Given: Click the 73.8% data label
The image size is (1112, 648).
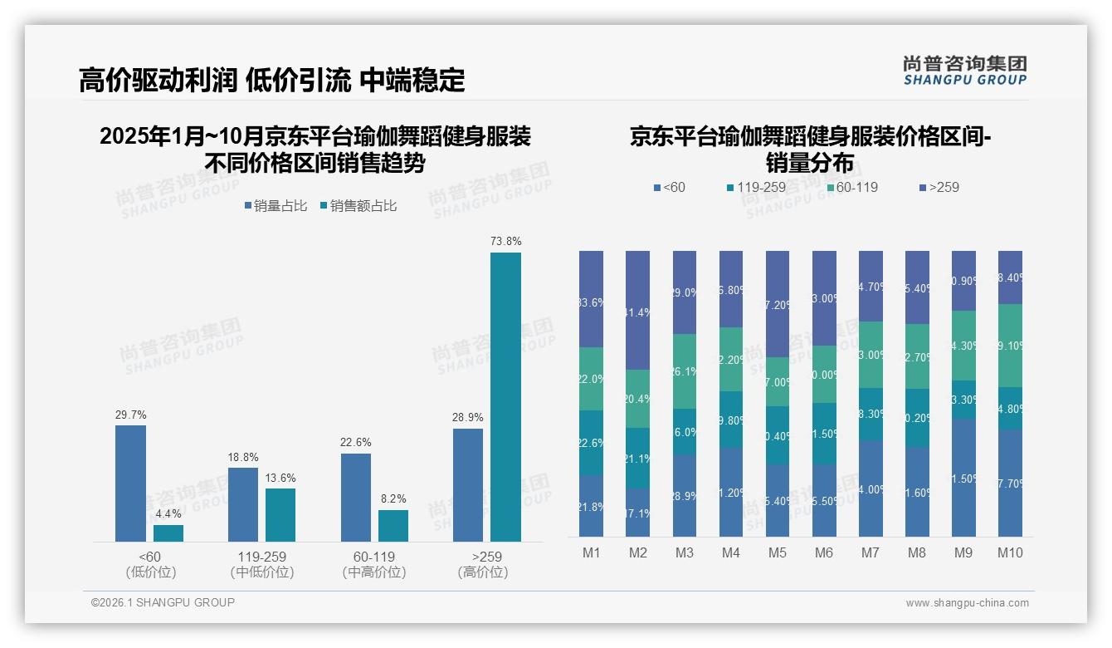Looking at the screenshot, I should (x=505, y=242).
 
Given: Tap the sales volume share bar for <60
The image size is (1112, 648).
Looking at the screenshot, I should (x=130, y=484).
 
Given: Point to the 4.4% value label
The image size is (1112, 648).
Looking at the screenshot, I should (x=168, y=514).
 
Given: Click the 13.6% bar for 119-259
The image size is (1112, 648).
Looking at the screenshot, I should (x=280, y=515).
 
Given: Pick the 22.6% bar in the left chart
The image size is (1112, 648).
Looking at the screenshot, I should (x=356, y=498).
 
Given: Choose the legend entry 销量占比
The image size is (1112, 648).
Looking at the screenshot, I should (x=275, y=206).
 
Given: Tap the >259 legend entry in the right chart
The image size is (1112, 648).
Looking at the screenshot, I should (x=939, y=188).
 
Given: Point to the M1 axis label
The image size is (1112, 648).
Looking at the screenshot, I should (x=591, y=552).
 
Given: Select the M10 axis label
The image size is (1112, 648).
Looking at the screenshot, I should (x=1010, y=552).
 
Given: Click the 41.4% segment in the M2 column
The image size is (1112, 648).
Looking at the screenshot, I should (x=637, y=310).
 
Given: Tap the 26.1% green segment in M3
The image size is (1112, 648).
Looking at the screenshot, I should (x=685, y=371).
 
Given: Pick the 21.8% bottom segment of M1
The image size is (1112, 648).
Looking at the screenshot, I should (x=591, y=506).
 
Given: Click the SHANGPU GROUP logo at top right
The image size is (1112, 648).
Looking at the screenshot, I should (x=964, y=70).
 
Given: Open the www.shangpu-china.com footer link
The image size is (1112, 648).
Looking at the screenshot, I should (x=967, y=603).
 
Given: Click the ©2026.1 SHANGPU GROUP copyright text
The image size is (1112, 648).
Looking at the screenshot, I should (x=163, y=602).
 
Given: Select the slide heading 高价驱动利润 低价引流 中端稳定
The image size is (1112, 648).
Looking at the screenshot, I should (x=271, y=80).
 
